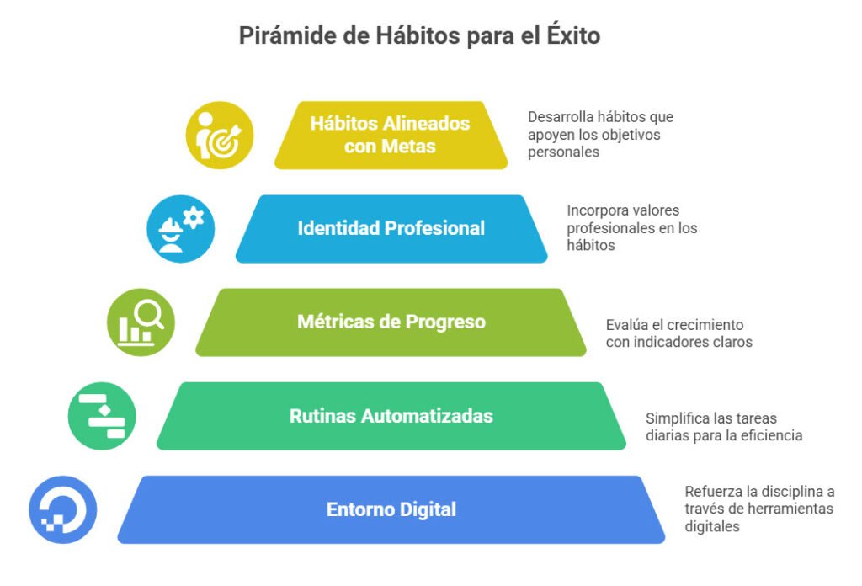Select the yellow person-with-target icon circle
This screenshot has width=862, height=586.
(220, 136)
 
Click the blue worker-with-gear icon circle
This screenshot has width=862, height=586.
(180, 229)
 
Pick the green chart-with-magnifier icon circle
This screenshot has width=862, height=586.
(141, 322)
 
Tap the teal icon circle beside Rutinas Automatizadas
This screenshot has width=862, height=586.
(102, 416)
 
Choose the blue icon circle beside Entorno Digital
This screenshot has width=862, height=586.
(62, 509)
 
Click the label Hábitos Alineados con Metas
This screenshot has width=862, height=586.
(390, 135)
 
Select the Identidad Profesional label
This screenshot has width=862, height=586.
(391, 228)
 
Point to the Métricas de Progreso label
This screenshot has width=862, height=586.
(391, 322)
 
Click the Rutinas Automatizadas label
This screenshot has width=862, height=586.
(391, 416)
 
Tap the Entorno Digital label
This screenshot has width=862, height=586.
(391, 509)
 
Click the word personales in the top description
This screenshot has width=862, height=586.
(563, 152)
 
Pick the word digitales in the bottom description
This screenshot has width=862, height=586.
(712, 526)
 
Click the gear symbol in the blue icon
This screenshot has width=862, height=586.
(193, 218)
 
